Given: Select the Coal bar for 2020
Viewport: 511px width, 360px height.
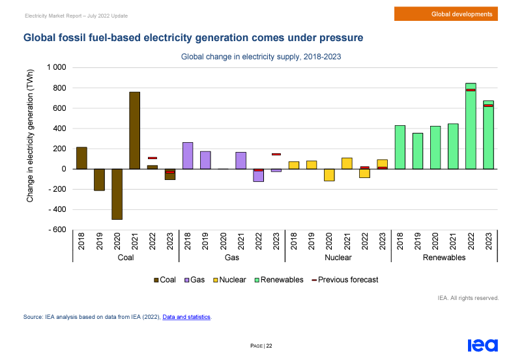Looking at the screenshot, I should coord(117,194).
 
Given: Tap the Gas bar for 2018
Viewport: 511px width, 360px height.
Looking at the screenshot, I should coord(188,156).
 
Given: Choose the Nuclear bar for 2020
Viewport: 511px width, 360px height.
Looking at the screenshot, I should coord(329,175).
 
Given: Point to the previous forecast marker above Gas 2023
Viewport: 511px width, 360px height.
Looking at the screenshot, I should coord(276,155).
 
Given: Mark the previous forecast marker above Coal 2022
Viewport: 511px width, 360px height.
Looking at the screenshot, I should coord(153,158).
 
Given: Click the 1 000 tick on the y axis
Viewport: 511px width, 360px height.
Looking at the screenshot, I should coord(56,68).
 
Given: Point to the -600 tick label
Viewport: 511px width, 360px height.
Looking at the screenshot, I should coord(56,230).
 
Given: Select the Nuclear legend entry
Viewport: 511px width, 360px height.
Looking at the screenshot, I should coord(229,280).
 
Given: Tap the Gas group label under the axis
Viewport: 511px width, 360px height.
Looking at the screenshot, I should coord(232,258).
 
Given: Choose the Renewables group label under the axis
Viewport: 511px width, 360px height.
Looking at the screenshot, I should coord(444,258).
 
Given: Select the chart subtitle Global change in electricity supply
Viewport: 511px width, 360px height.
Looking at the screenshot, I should coord(261,57).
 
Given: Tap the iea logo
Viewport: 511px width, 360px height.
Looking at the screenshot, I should coord(482,345).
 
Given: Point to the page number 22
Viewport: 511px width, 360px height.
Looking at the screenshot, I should coord(269,346).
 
